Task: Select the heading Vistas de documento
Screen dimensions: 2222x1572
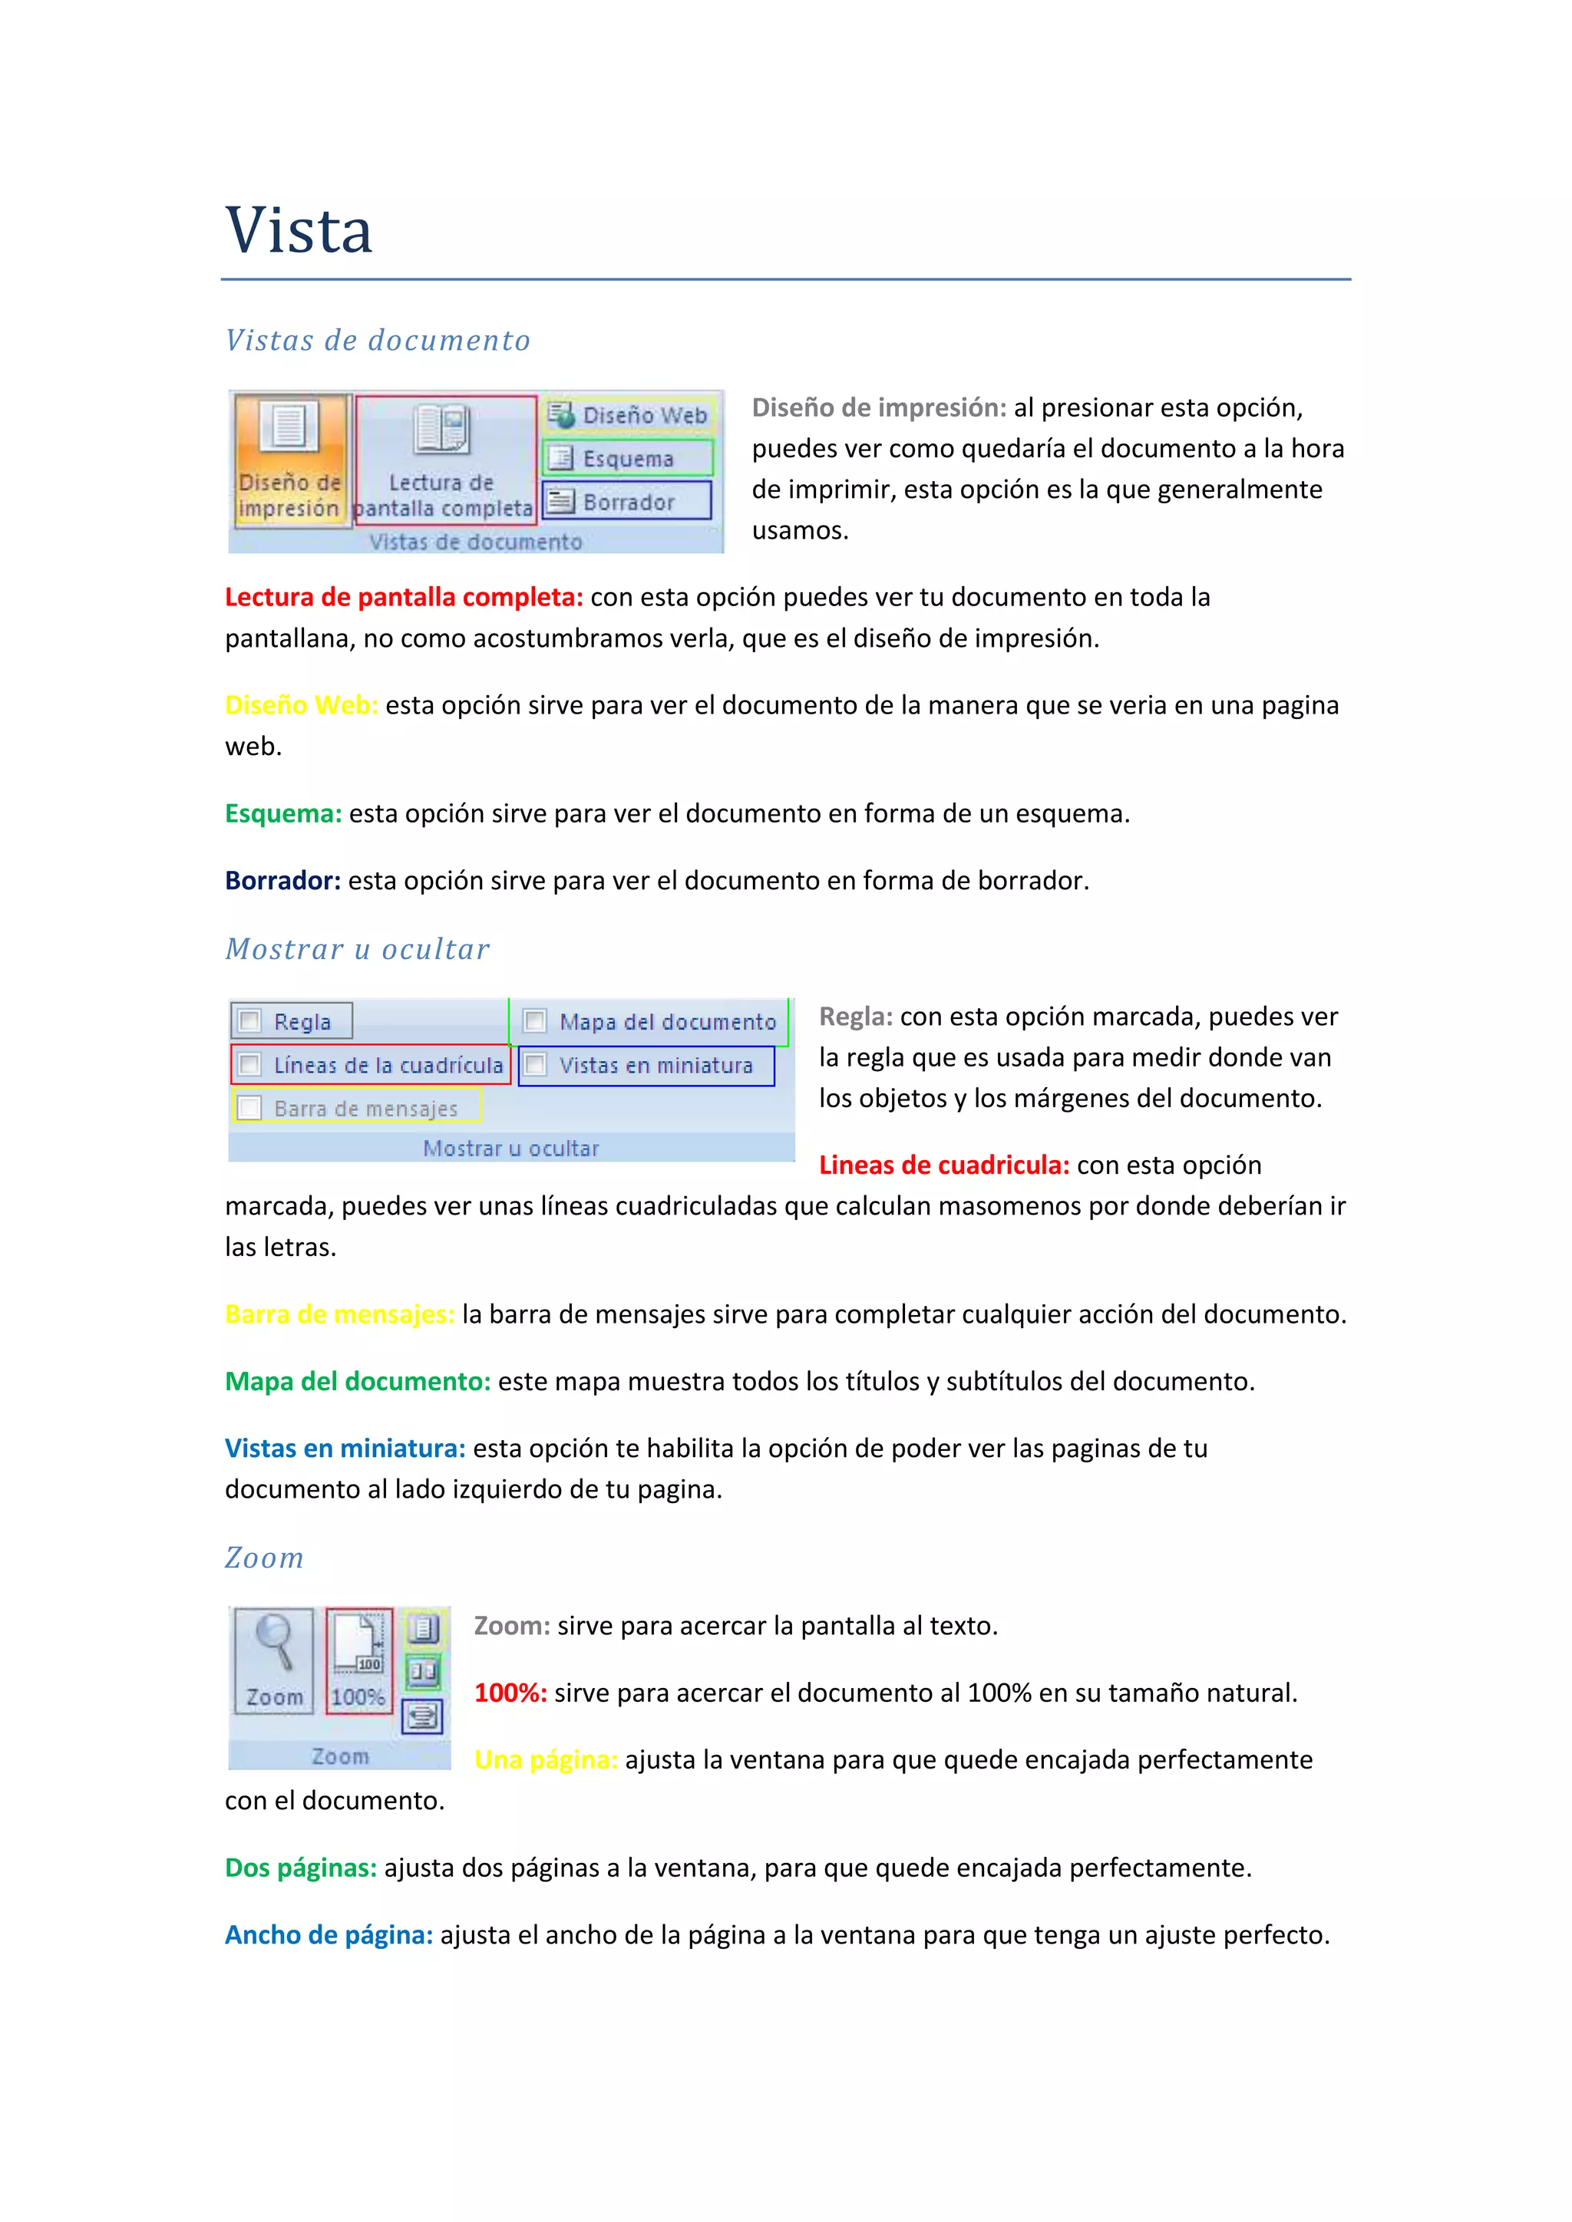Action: click(378, 341)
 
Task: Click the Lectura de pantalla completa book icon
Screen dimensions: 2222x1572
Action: click(441, 430)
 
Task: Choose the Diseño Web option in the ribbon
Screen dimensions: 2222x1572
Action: click(629, 415)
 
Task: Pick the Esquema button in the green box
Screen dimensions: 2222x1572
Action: click(627, 458)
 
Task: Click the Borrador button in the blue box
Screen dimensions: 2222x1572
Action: click(626, 501)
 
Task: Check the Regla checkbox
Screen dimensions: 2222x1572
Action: click(249, 1021)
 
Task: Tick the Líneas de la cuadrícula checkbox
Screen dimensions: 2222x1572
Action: click(249, 1064)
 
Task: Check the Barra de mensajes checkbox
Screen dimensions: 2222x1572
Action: click(249, 1107)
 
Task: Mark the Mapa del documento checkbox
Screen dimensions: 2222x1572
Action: click(534, 1021)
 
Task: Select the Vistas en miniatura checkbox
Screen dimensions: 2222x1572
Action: click(534, 1064)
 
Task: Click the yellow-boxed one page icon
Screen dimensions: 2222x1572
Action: click(423, 1629)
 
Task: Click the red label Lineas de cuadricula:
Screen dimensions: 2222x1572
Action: click(944, 1165)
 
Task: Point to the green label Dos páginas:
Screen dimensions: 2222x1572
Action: click(300, 1868)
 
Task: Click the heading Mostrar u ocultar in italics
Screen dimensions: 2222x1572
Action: click(357, 949)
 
